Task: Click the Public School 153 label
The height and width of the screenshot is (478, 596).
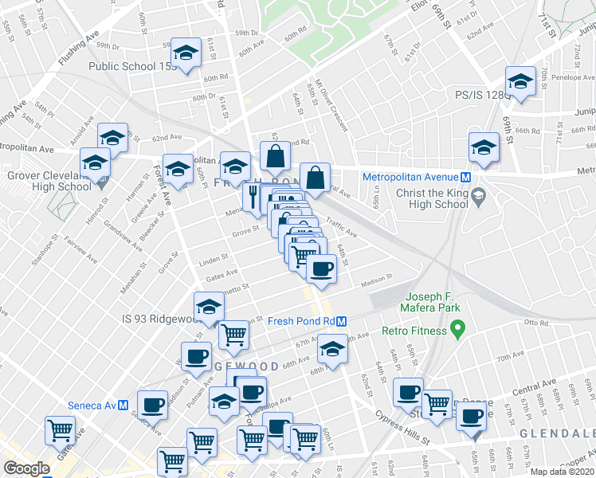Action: (x=131, y=67)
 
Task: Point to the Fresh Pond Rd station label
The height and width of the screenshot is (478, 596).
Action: (x=300, y=321)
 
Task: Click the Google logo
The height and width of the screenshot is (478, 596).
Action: (x=26, y=468)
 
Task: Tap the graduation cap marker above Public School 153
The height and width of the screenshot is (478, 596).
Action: (x=186, y=54)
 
